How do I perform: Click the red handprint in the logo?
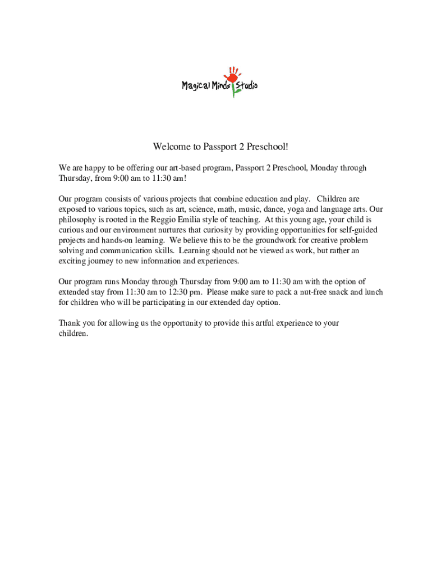point(231,75)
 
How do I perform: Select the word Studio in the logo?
point(247,86)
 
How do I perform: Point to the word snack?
point(336,292)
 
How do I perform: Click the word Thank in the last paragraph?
point(70,323)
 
